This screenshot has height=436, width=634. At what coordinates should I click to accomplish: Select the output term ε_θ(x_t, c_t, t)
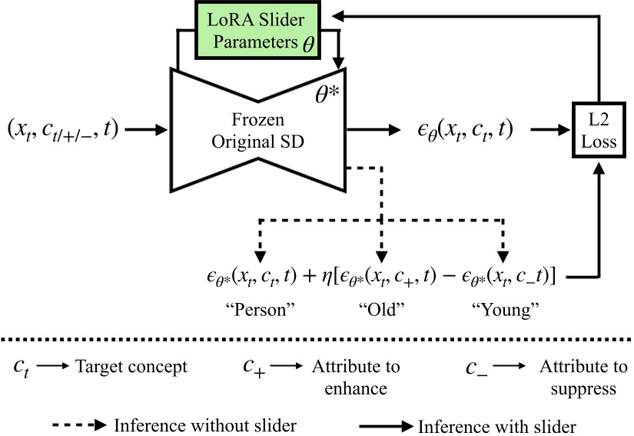[x=460, y=130]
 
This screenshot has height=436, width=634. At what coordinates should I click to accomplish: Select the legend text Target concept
[x=131, y=367]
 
